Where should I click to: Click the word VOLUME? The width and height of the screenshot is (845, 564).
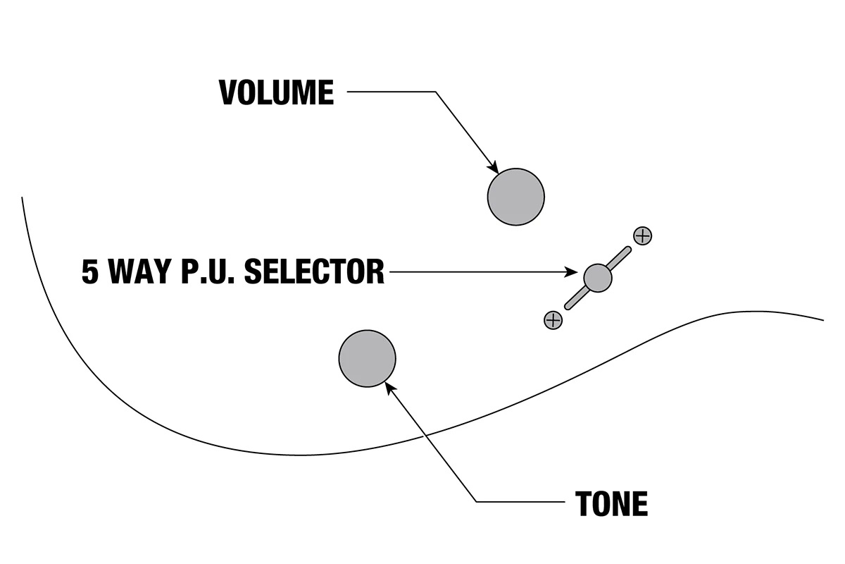click(276, 92)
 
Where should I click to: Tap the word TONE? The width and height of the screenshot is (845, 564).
click(611, 503)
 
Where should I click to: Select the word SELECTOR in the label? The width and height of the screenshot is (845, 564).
click(314, 271)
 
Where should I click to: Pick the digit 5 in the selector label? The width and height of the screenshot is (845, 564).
click(90, 271)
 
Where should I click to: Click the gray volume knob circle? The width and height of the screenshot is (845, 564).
click(516, 197)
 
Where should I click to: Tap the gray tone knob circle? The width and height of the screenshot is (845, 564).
click(367, 358)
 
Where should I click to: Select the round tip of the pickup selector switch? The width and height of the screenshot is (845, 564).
click(598, 277)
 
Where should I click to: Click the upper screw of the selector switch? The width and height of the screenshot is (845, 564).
click(642, 236)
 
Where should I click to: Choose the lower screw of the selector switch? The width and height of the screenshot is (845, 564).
click(553, 320)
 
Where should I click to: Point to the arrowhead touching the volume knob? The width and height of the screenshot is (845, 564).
click(494, 168)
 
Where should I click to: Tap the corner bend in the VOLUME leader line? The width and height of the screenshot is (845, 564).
click(435, 92)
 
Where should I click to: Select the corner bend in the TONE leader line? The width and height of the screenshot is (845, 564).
click(477, 502)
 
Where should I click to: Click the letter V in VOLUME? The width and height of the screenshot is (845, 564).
click(228, 92)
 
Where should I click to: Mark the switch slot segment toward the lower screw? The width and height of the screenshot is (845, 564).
click(576, 299)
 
